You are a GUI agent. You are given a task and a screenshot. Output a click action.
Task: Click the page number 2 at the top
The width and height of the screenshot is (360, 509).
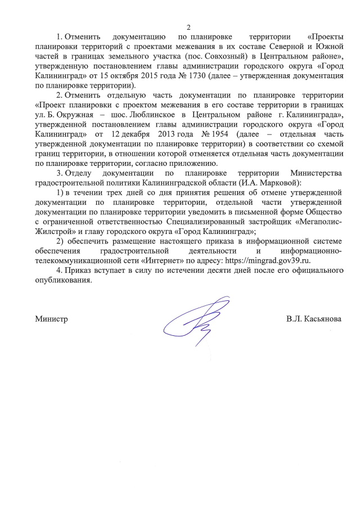[x=189, y=26]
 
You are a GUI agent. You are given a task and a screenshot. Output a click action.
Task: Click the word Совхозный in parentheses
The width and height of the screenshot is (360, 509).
[x=246, y=57]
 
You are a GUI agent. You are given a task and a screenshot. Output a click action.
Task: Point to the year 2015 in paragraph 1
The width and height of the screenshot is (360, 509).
[x=120, y=76]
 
